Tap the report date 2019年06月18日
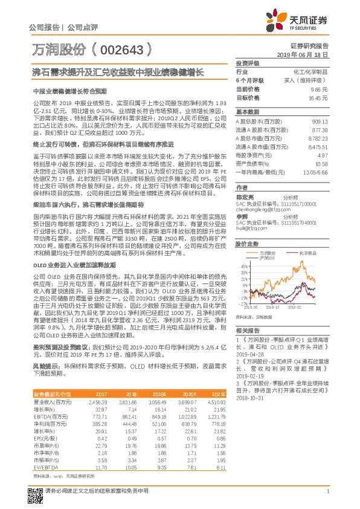307,54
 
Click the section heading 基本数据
247,112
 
